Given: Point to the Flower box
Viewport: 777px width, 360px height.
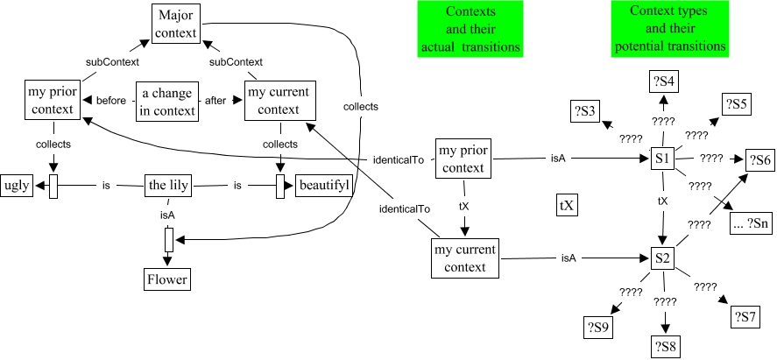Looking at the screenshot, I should pos(167,279).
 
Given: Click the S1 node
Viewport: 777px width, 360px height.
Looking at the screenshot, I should pos(662,160).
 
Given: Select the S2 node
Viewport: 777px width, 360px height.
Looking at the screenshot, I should pos(662,258).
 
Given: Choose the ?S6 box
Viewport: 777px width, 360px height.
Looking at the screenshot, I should pos(759,160).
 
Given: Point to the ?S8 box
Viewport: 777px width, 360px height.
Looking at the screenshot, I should pos(666,345).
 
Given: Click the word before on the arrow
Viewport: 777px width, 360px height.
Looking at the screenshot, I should pos(111,101).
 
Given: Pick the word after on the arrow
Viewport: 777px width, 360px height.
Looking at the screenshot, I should pos(215,101).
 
